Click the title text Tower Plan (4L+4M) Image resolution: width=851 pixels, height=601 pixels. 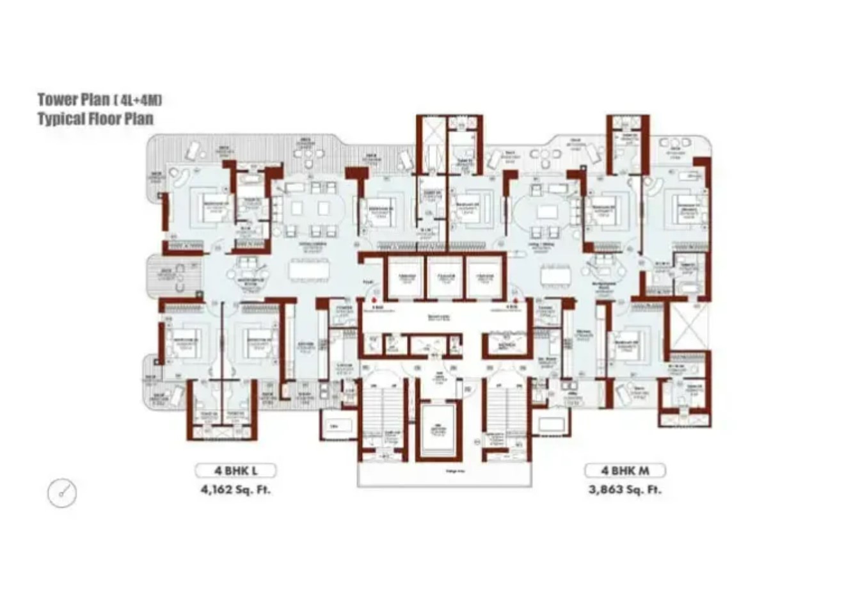pos(99,100)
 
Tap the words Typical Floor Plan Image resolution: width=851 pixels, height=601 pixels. pos(95,119)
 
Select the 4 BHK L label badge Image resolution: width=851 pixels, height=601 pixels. pos(235,471)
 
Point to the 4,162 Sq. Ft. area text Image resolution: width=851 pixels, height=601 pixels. pos(235,490)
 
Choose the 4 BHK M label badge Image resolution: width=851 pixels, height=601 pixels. pos(624,471)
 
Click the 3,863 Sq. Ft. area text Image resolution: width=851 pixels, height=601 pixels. pos(624,490)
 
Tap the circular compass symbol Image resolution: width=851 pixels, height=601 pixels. pos(62,493)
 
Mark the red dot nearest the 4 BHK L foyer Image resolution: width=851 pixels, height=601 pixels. pos(375,298)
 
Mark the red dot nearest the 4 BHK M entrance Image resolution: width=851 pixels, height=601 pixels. pos(514,298)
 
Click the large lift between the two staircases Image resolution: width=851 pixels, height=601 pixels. pos(439,429)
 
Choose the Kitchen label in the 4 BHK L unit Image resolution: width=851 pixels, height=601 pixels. pos(306,346)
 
